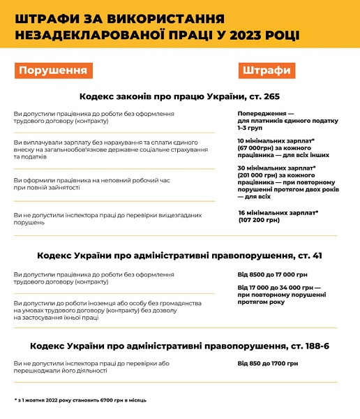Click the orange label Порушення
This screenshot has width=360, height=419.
click(x=53, y=71)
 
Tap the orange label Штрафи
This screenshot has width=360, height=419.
click(x=266, y=71)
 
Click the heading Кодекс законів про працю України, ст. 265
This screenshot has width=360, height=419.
click(x=179, y=95)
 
